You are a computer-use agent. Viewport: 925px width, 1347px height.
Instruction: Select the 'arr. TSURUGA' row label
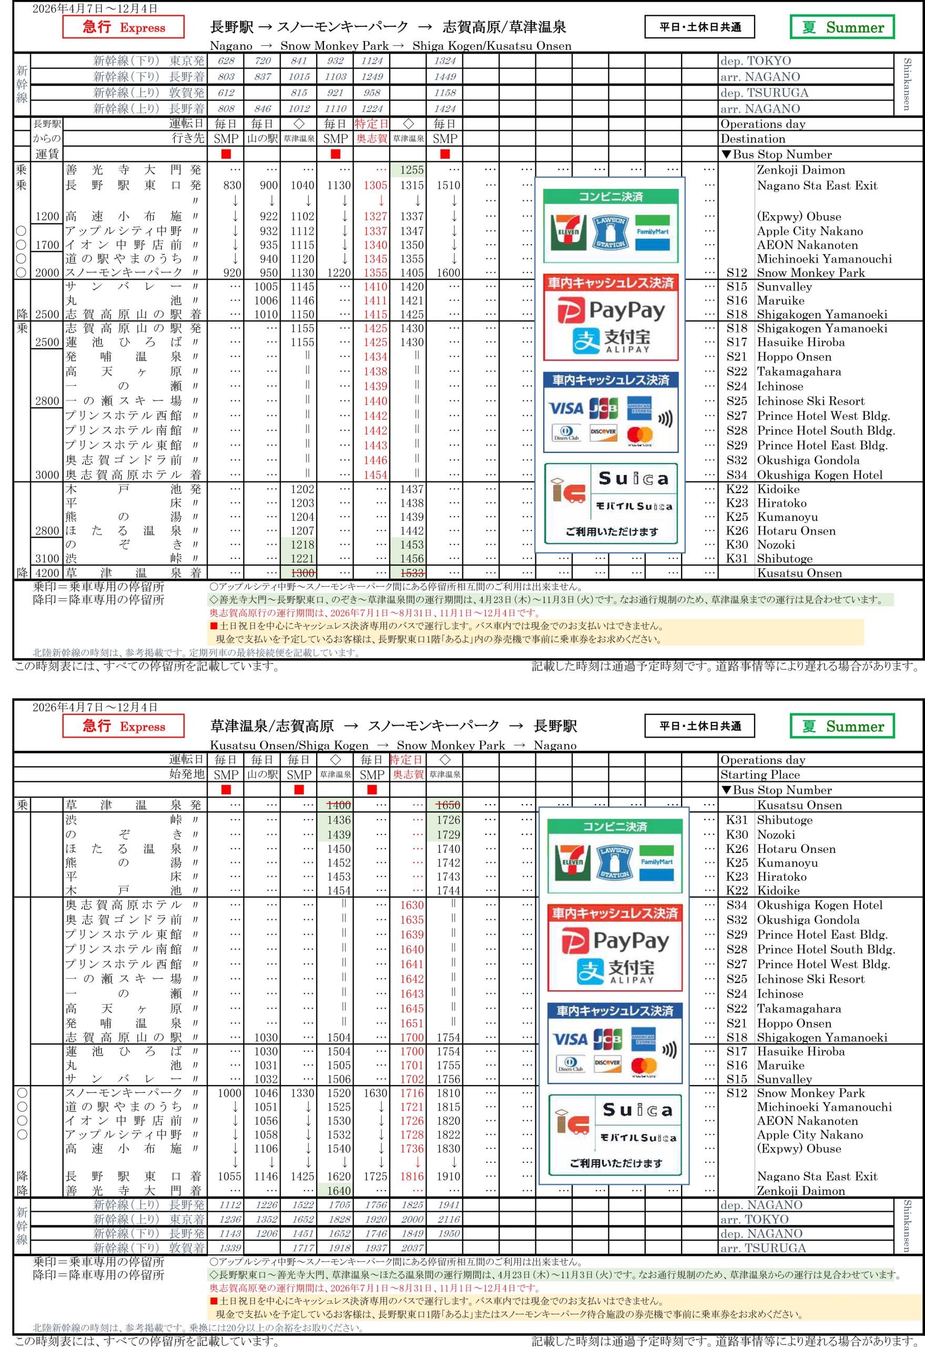763,1248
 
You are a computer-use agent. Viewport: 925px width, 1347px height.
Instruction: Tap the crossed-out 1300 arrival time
302,573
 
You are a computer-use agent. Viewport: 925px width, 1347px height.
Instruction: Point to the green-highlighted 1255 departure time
412,170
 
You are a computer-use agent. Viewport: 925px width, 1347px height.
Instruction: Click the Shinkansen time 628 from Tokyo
226,61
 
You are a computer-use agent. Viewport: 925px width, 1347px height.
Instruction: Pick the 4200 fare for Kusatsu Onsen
47,573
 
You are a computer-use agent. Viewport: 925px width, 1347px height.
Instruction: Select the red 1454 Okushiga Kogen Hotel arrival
375,475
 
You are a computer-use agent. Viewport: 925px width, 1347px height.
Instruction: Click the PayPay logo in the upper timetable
612,311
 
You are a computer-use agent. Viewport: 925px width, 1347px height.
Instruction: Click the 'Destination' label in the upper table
753,138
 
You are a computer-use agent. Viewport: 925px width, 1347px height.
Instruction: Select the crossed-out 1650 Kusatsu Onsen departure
448,805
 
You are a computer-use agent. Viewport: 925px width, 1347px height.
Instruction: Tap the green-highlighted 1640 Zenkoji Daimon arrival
339,1190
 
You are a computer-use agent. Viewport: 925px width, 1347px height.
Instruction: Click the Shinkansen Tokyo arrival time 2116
448,1220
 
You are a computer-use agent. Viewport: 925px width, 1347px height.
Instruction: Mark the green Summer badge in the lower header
842,726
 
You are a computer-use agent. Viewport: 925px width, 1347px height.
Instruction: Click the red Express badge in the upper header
124,27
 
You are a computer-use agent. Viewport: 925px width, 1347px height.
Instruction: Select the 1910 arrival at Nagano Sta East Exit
448,1177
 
